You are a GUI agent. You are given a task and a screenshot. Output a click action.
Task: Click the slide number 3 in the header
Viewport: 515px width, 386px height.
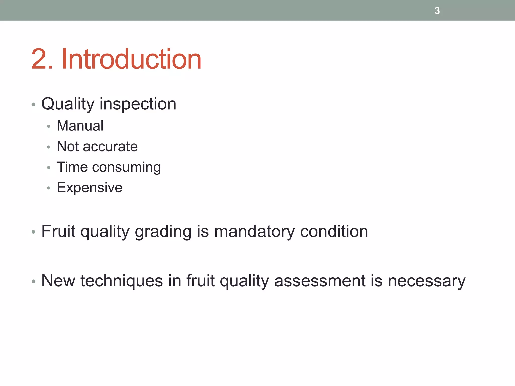tap(437, 11)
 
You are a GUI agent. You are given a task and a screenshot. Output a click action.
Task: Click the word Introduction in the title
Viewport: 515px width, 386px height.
tap(131, 59)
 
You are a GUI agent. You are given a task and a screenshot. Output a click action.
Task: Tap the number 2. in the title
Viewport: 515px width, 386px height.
tap(42, 59)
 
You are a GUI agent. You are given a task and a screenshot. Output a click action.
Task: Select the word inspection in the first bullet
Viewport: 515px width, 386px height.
tap(138, 104)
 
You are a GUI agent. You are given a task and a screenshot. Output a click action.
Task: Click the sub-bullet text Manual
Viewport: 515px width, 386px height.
tap(80, 126)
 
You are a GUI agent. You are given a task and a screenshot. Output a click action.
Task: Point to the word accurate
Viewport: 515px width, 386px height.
tap(110, 147)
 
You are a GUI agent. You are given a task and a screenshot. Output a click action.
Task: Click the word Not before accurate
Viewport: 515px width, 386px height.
tap(68, 147)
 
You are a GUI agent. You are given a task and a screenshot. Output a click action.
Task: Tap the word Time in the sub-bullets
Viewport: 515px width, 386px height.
tap(72, 167)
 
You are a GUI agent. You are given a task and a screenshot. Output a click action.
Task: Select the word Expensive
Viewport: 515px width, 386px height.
tap(90, 188)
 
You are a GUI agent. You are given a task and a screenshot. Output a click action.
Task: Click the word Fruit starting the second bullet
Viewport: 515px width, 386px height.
tap(58, 231)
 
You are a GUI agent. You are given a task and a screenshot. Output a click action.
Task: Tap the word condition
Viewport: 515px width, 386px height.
tap(334, 231)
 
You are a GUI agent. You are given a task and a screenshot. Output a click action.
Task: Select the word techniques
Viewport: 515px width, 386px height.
tap(122, 281)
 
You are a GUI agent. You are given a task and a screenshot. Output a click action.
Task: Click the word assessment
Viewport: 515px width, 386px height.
tap(320, 281)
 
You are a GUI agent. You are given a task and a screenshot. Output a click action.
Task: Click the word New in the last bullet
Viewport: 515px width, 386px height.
tap(58, 281)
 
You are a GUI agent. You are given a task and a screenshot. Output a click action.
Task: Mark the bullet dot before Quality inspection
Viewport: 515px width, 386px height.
tap(33, 104)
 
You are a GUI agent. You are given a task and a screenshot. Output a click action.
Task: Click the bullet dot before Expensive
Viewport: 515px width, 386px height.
tap(49, 188)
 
